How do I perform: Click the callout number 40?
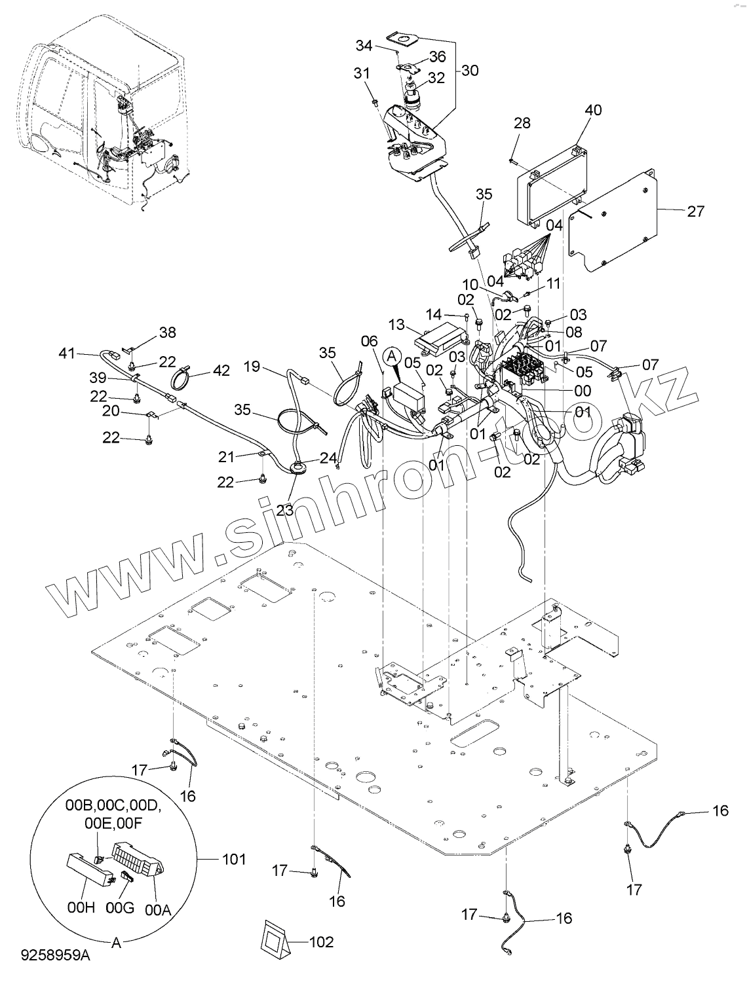[x=594, y=110]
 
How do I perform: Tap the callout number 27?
[x=695, y=211]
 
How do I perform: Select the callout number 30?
[x=470, y=70]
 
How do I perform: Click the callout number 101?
[x=234, y=859]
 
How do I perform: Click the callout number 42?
[x=221, y=371]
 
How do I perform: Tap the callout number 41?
[x=67, y=354]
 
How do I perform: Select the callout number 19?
[x=252, y=367]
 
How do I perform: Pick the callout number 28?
[x=522, y=122]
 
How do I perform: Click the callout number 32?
[x=436, y=77]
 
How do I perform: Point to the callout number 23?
[x=284, y=509]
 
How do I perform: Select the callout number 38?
[x=168, y=332]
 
